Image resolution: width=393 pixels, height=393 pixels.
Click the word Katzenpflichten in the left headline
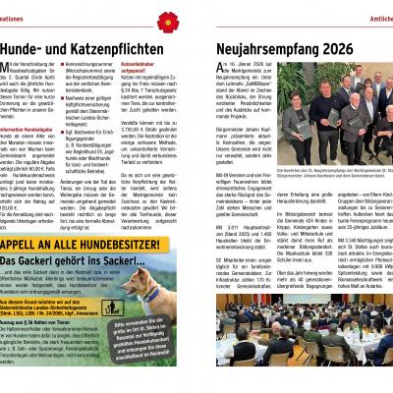123,46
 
